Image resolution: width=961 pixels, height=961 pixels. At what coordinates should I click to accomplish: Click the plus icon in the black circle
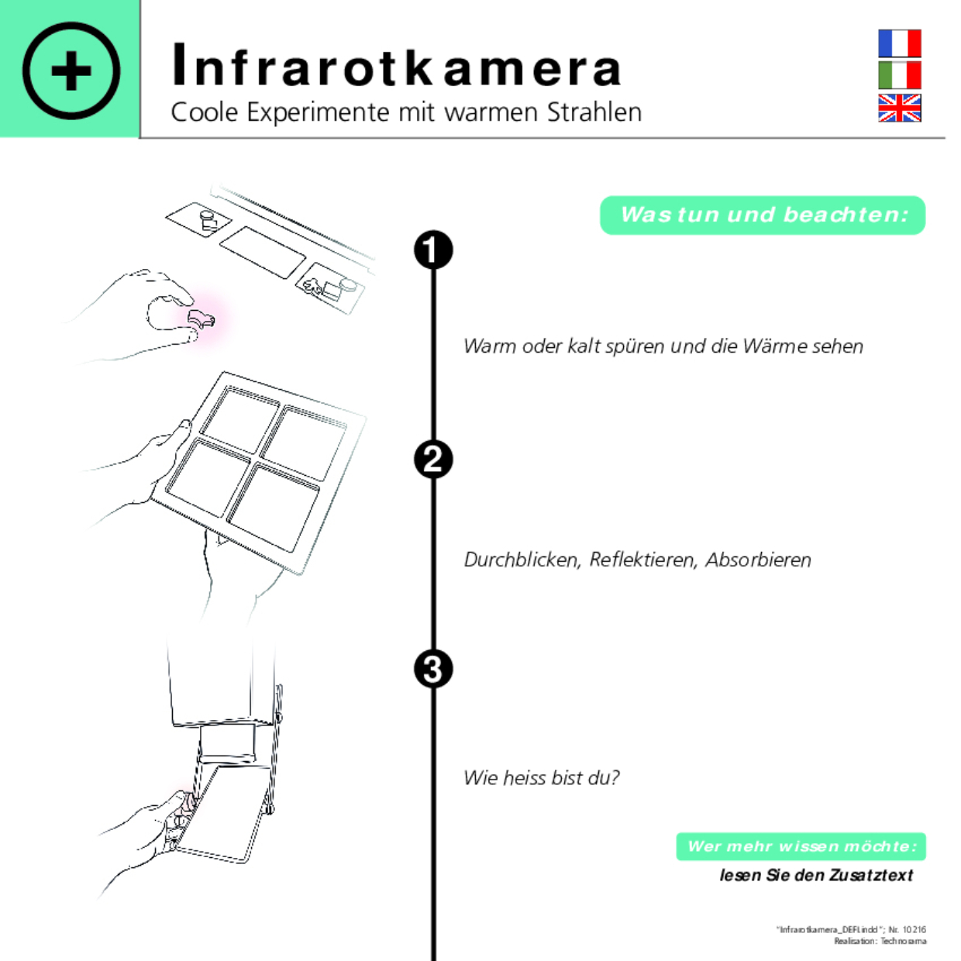pyautogui.click(x=71, y=71)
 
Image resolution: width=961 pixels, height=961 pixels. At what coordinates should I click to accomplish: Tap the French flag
pyautogui.click(x=899, y=43)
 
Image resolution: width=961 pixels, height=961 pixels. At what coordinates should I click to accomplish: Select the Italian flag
pyautogui.click(x=899, y=75)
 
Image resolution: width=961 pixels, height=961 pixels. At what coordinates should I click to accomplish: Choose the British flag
pyautogui.click(x=899, y=108)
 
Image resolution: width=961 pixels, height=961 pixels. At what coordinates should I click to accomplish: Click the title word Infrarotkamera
pyautogui.click(x=396, y=67)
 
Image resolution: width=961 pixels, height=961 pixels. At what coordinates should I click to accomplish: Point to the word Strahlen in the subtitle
pyautogui.click(x=594, y=112)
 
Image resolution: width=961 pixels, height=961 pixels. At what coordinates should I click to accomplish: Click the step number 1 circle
pyautogui.click(x=433, y=250)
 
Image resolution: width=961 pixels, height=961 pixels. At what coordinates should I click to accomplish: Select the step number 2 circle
pyautogui.click(x=433, y=460)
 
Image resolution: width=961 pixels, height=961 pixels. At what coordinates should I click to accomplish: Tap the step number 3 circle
pyautogui.click(x=433, y=669)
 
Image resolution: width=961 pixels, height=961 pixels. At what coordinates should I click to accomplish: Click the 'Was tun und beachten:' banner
pyautogui.click(x=763, y=215)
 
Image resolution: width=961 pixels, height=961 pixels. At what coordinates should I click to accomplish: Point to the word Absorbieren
pyautogui.click(x=758, y=560)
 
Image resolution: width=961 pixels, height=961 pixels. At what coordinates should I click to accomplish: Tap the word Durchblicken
pyautogui.click(x=522, y=560)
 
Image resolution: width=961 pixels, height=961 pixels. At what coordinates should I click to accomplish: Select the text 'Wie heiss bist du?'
pyautogui.click(x=541, y=777)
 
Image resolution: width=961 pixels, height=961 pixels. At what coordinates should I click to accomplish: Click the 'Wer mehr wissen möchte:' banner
pyautogui.click(x=801, y=846)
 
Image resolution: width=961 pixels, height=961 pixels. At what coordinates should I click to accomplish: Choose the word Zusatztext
pyautogui.click(x=871, y=875)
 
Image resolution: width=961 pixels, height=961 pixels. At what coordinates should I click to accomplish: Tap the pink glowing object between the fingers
pyautogui.click(x=201, y=318)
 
